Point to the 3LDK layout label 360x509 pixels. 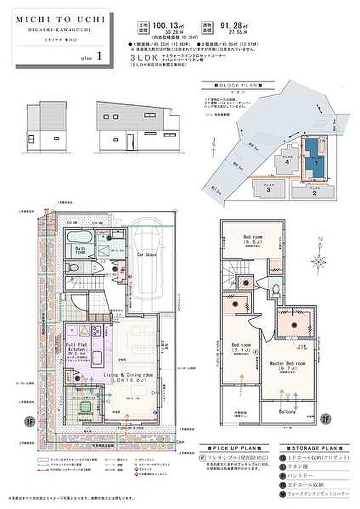pos(149,59)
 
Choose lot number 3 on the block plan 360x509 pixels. pos(268,189)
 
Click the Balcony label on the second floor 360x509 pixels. pos(286,413)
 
